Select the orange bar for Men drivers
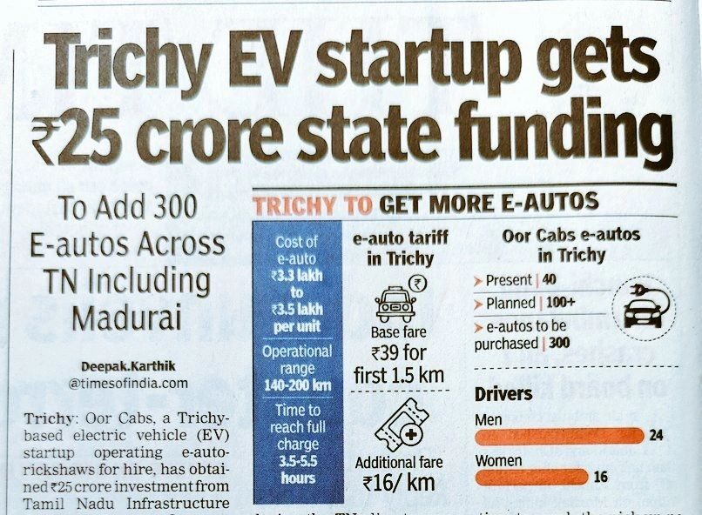click(557, 436)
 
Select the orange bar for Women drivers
click(530, 476)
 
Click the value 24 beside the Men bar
click(656, 436)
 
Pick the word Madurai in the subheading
click(127, 316)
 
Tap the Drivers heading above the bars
click(503, 394)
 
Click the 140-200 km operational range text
click(297, 385)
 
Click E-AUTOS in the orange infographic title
click(546, 204)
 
